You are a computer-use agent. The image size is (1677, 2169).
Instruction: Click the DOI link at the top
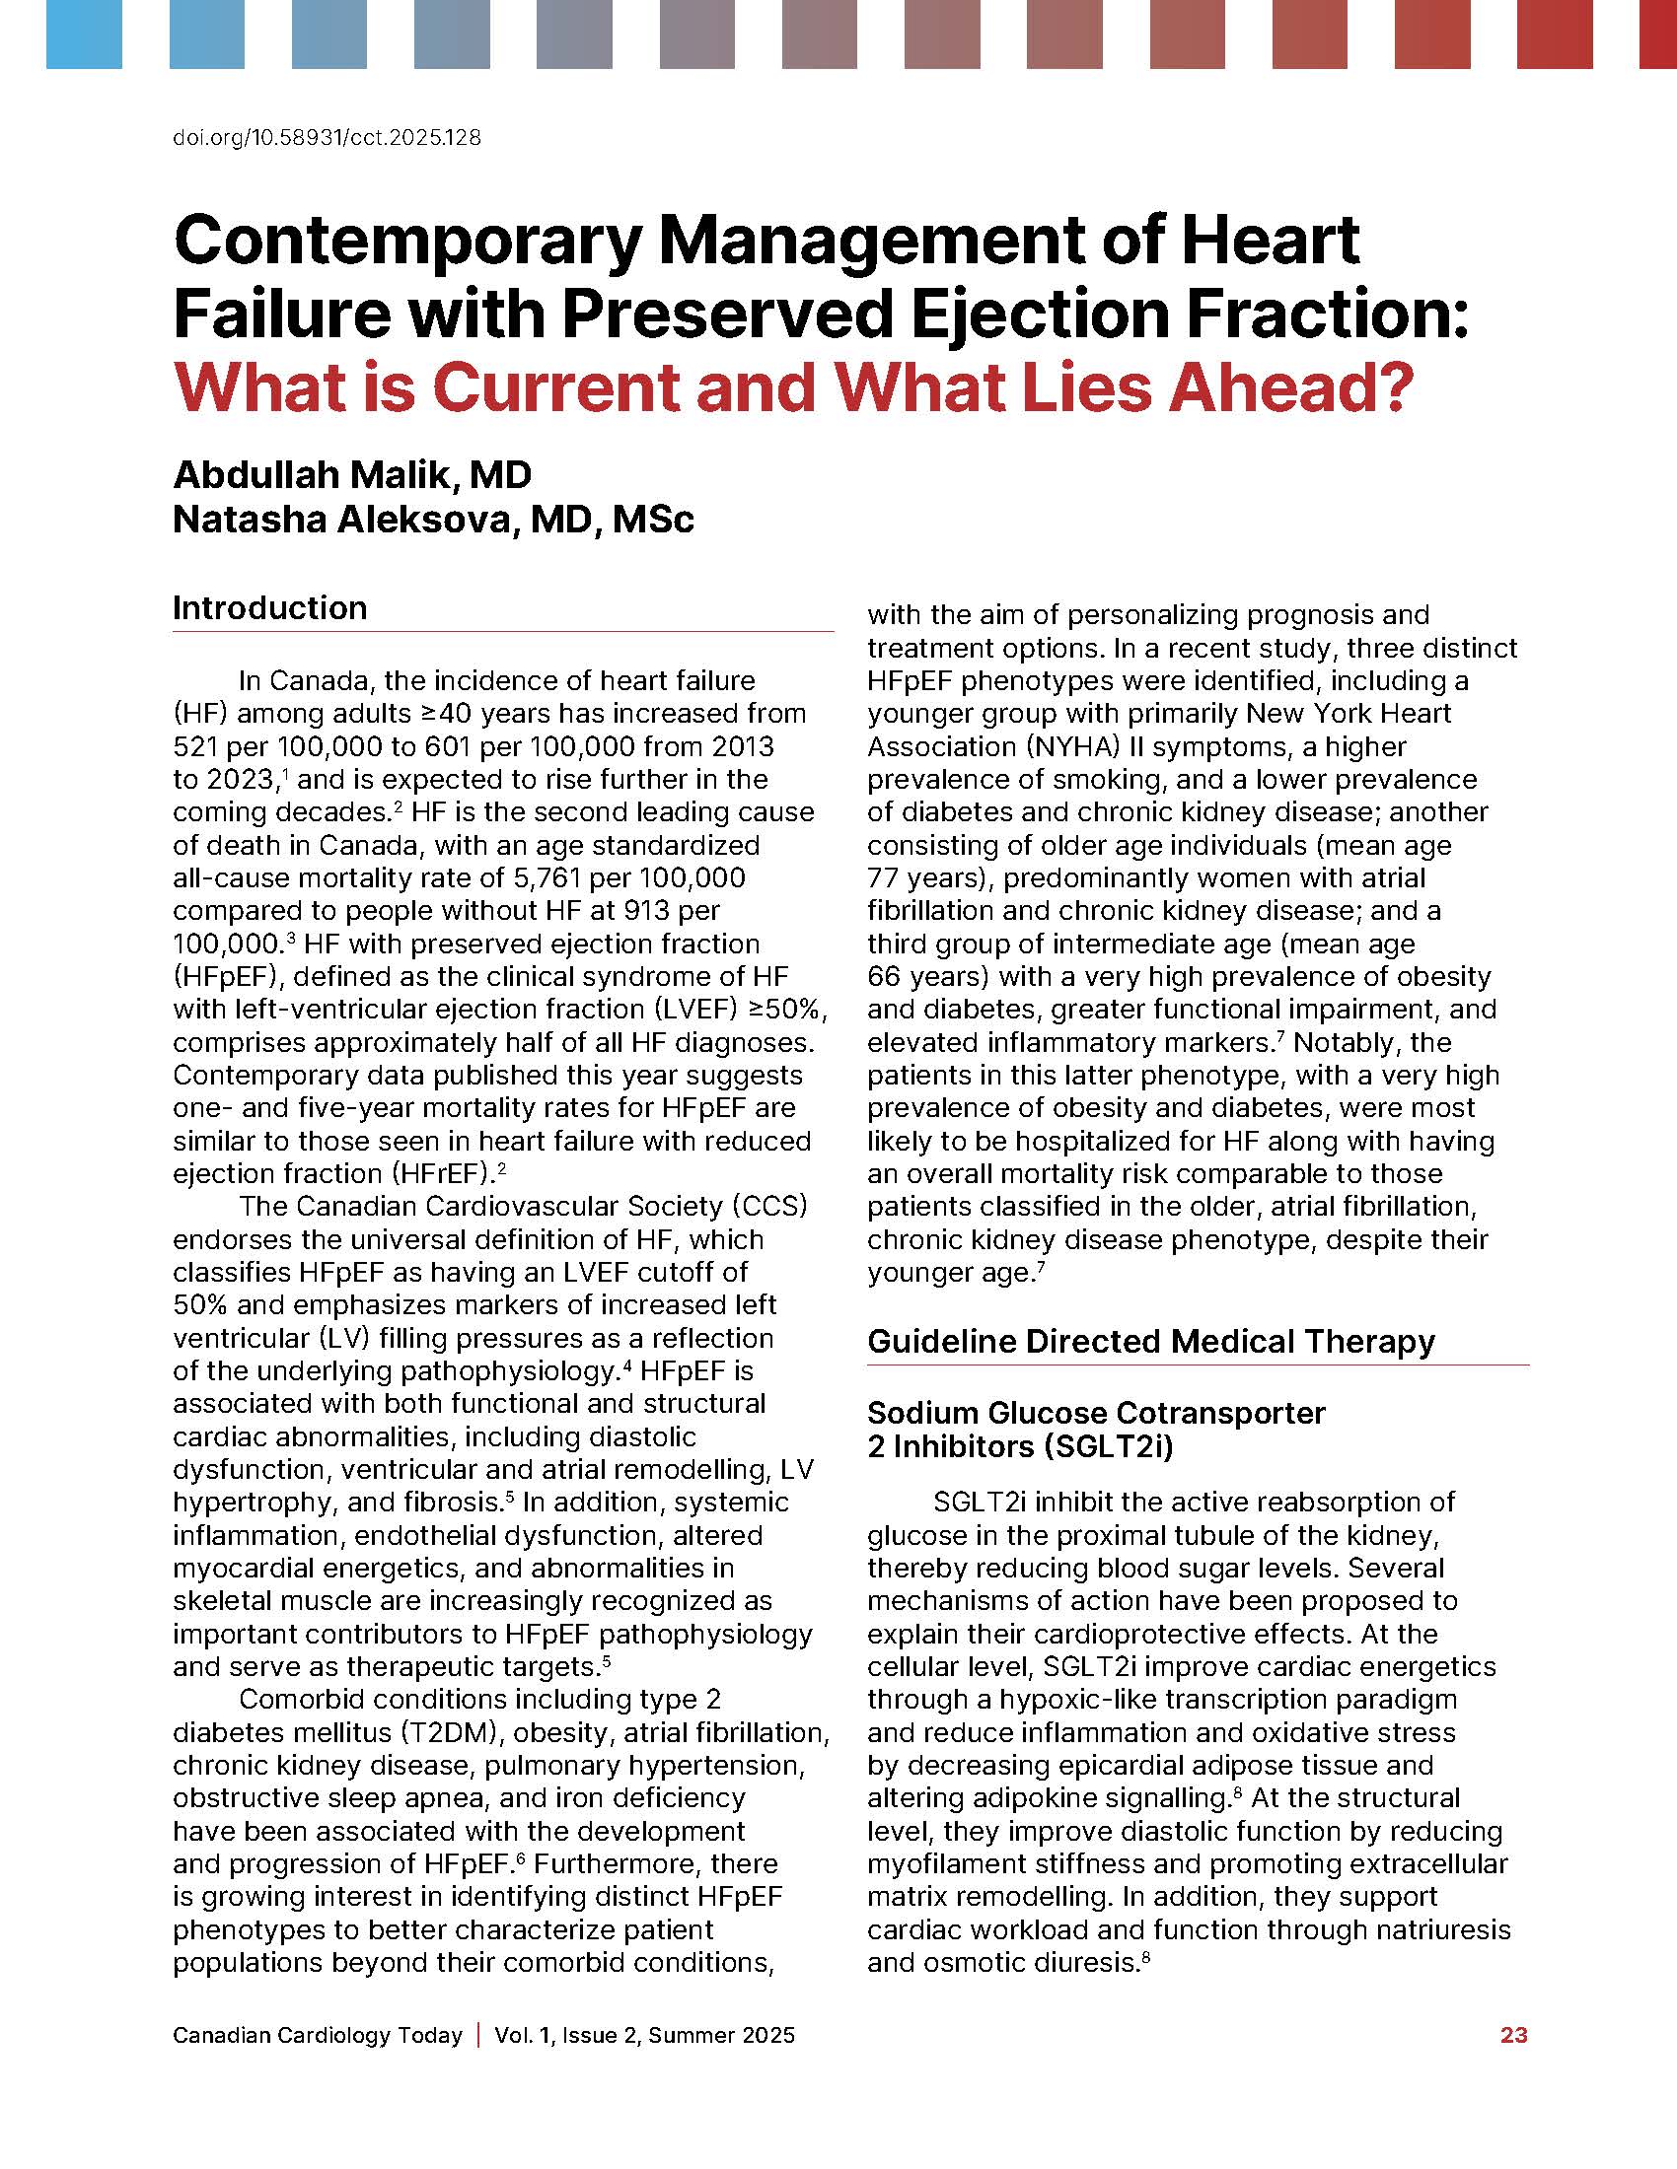pos(327,138)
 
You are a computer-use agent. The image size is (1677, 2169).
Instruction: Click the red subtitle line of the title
pos(792,387)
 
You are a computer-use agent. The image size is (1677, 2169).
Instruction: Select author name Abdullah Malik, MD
pos(352,475)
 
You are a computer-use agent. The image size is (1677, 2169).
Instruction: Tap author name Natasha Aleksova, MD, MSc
pos(433,520)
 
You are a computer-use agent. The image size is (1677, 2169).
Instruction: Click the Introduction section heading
pos(270,607)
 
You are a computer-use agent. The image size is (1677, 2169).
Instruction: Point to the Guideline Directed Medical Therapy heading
pos(1150,1342)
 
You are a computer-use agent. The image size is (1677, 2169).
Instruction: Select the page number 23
pos(1513,2035)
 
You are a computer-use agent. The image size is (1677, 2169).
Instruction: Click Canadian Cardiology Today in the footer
pos(318,2035)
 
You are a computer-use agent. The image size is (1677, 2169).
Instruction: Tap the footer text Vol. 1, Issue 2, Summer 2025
pos(645,2035)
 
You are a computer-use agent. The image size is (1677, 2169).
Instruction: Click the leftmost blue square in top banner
pos(84,35)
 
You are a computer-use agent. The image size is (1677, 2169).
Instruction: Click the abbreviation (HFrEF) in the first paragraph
pos(433,1174)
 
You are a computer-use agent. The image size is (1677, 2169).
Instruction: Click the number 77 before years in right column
pos(883,877)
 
